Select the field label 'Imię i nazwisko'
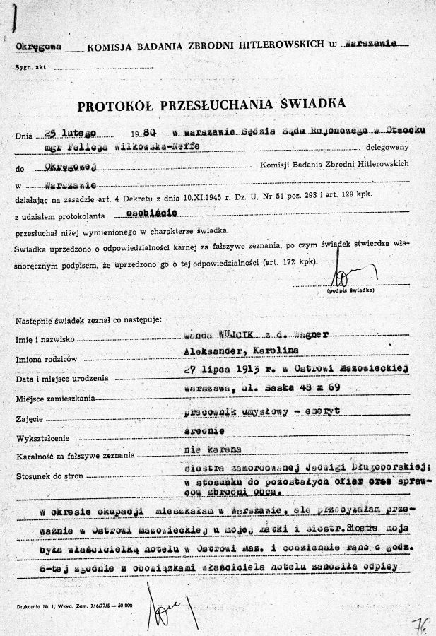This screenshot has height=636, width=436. point(44,340)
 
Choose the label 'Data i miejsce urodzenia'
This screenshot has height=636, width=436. point(59,379)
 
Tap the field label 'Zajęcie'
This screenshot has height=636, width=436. point(28,419)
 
